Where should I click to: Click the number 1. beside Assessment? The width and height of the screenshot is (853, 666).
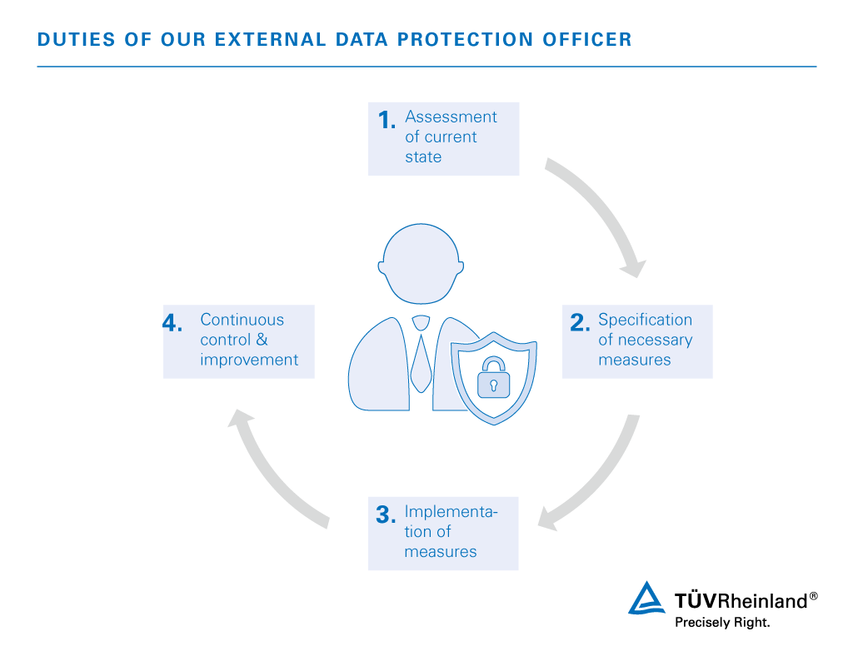(386, 121)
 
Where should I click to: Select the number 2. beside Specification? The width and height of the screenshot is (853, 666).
(580, 324)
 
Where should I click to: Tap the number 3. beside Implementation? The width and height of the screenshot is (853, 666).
(384, 515)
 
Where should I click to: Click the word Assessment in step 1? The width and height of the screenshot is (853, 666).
(451, 117)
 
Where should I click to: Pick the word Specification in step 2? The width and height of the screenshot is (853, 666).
(645, 320)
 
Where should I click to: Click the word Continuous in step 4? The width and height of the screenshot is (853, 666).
(242, 320)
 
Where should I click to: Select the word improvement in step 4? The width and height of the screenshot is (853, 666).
(248, 360)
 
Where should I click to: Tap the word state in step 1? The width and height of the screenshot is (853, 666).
(423, 157)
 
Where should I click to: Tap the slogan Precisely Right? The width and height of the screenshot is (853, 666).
(721, 622)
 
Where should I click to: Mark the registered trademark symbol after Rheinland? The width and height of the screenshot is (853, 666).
(813, 596)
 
